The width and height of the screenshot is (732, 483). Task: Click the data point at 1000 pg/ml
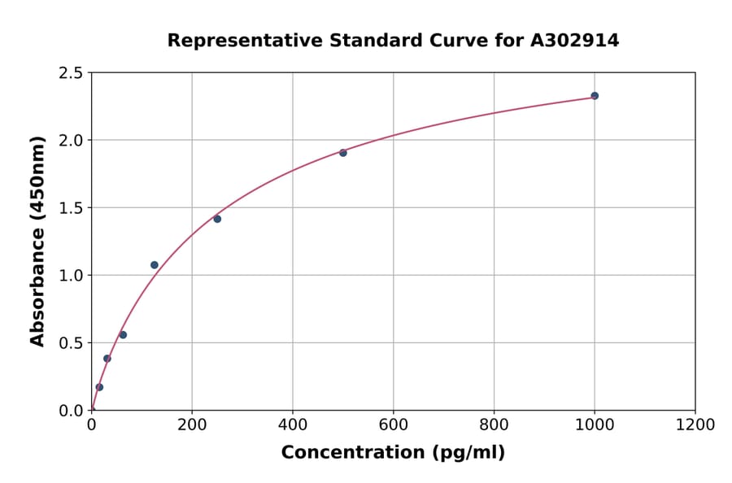pos(595,96)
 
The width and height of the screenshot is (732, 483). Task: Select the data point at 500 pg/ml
pos(343,153)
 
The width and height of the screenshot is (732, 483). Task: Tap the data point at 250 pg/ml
pos(217,219)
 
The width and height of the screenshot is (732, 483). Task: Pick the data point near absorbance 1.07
pos(155,265)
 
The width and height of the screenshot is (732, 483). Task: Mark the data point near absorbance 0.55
pos(123,335)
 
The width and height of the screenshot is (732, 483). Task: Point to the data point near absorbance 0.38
pos(107,359)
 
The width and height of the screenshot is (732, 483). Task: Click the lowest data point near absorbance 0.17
pos(99,387)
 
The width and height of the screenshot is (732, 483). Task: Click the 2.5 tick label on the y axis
pos(70,73)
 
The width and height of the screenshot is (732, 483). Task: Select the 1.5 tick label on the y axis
pos(70,208)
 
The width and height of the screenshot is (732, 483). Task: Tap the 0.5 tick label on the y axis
pos(70,343)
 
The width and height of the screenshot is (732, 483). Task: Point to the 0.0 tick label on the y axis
pos(70,411)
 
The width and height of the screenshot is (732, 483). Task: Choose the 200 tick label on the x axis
pos(192,425)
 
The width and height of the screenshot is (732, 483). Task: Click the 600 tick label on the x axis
pos(393,425)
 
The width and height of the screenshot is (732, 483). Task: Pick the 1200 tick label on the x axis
pos(695,425)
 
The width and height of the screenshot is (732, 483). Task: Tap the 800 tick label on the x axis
pos(494,425)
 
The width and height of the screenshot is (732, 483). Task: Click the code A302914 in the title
pos(574,41)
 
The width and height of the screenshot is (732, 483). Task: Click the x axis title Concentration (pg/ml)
pos(393,453)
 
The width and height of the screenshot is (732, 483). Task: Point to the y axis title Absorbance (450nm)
pos(37,241)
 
